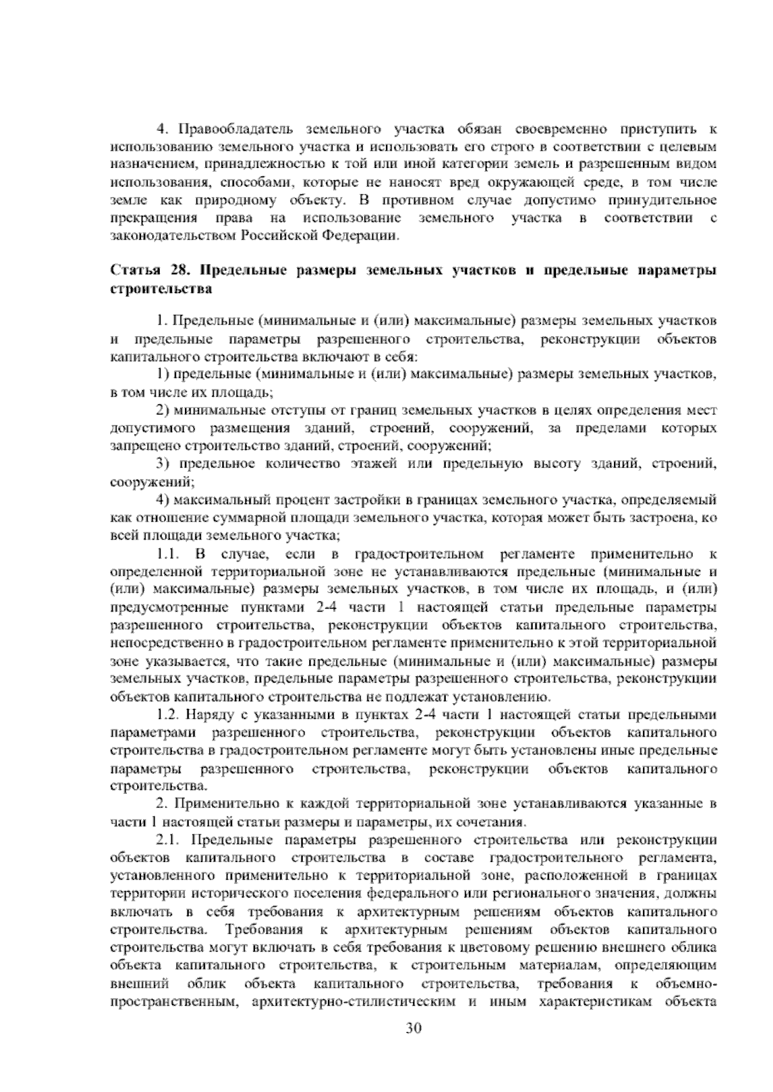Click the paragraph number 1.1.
pos(169,553)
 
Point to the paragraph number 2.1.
pos(169,840)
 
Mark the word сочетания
pos(495,822)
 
